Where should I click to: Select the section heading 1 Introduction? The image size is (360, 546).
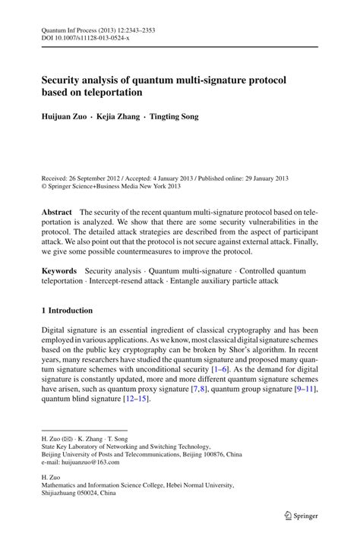[67, 311]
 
